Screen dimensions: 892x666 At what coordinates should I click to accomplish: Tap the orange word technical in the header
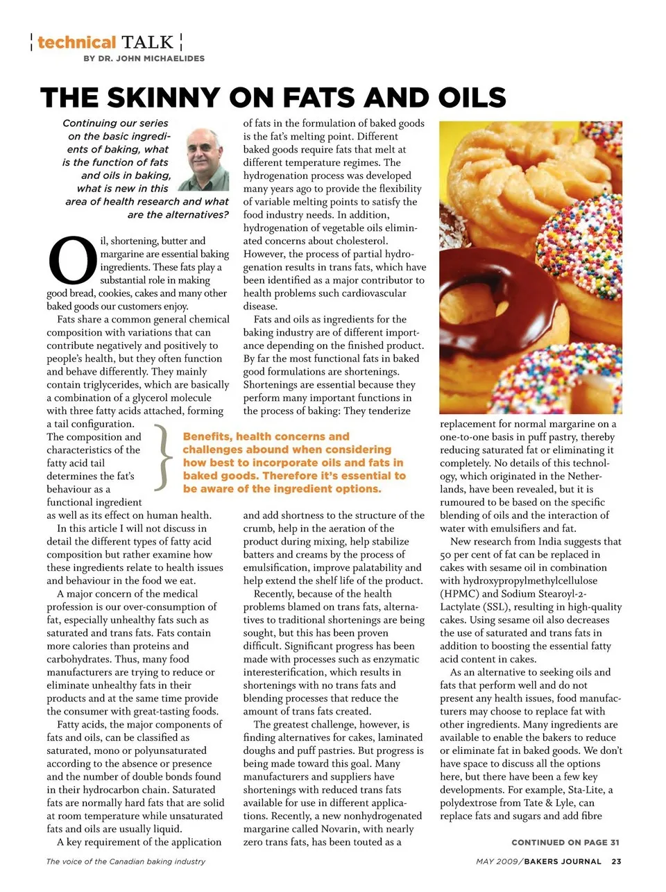point(76,42)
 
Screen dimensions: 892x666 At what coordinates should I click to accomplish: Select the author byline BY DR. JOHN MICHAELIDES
point(144,59)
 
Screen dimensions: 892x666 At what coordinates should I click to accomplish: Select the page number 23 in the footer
point(617,861)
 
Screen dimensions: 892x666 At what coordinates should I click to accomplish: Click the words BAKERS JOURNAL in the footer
point(563,861)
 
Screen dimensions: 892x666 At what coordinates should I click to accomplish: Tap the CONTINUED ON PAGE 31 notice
point(565,842)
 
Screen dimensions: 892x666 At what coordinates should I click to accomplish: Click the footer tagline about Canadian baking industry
point(126,861)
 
